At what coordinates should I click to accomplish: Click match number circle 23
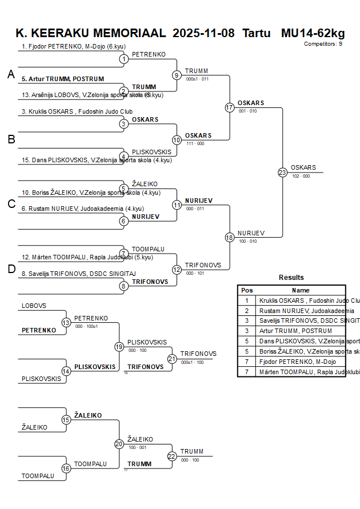tap(282, 172)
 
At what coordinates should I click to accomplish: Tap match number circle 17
tap(230, 107)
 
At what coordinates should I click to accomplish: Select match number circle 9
tap(177, 75)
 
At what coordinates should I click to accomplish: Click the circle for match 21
tap(172, 359)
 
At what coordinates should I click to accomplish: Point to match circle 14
tap(66, 371)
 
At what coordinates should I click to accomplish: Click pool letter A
tap(11, 74)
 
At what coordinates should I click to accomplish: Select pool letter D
tap(11, 270)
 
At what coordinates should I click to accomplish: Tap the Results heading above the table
tap(291, 278)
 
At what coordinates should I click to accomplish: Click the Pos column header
tap(247, 290)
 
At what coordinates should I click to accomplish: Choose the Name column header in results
tap(301, 290)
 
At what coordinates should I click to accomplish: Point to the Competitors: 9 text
tap(323, 43)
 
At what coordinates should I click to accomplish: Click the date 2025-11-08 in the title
tap(203, 33)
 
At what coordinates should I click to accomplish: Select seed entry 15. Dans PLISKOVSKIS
tap(95, 160)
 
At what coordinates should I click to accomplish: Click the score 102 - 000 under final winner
tap(301, 177)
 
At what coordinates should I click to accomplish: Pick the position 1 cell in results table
tap(247, 300)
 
